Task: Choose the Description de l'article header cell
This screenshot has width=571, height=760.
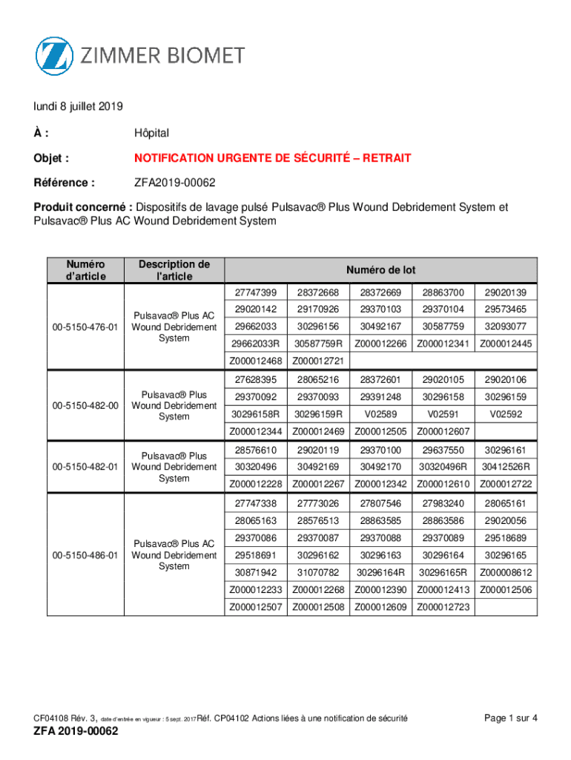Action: (x=174, y=270)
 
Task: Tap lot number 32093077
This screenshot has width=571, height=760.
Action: (x=506, y=326)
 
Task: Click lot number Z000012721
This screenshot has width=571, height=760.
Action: (x=318, y=361)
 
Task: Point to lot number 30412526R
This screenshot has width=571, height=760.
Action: (x=506, y=467)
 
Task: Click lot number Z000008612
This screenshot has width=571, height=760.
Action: (x=506, y=572)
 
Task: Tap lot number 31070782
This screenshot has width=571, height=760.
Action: (x=318, y=572)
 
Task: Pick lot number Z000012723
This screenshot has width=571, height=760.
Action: (x=443, y=607)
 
